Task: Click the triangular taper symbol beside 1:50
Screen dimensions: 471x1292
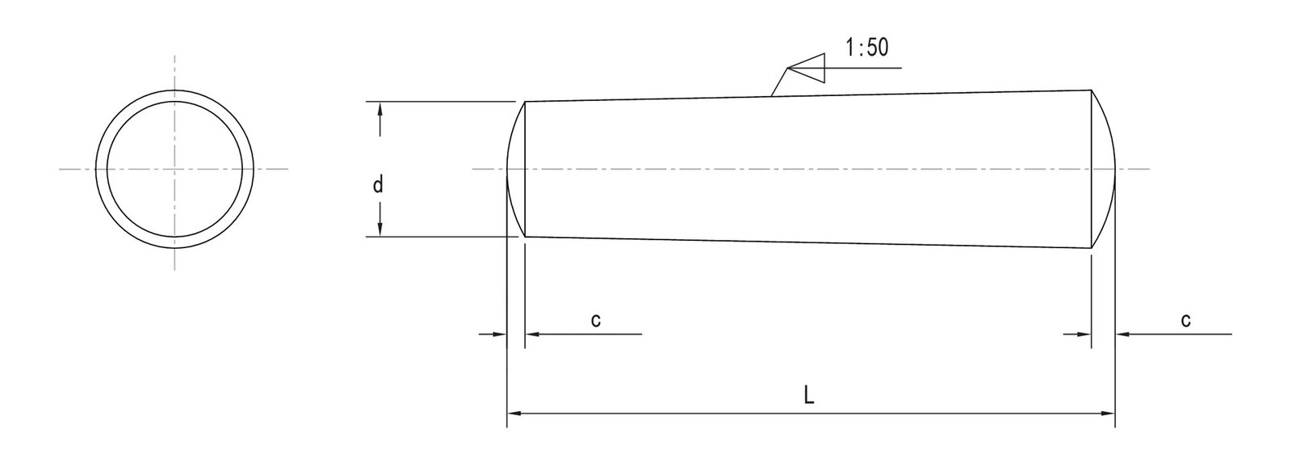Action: (x=807, y=68)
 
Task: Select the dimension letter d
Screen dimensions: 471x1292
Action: (x=377, y=185)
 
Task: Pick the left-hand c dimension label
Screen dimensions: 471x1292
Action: (x=595, y=320)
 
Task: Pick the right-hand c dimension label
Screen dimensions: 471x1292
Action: (x=1185, y=320)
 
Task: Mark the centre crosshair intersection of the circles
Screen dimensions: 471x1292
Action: (x=174, y=169)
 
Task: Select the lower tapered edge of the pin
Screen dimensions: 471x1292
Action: (x=807, y=242)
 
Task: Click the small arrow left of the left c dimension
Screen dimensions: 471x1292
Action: (x=493, y=333)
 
